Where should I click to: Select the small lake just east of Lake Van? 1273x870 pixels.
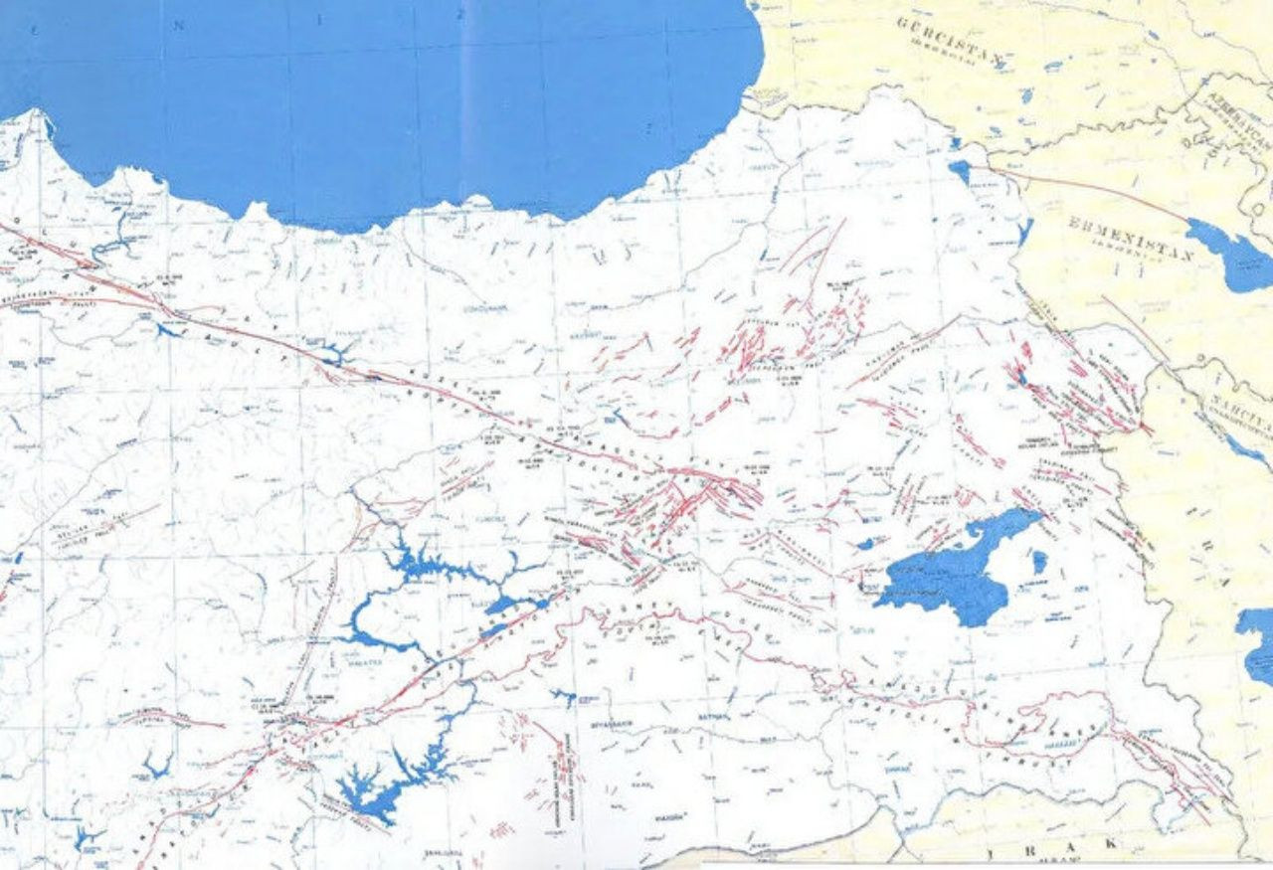pyautogui.click(x=1038, y=561)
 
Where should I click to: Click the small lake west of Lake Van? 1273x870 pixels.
pyautogui.click(x=865, y=544)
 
